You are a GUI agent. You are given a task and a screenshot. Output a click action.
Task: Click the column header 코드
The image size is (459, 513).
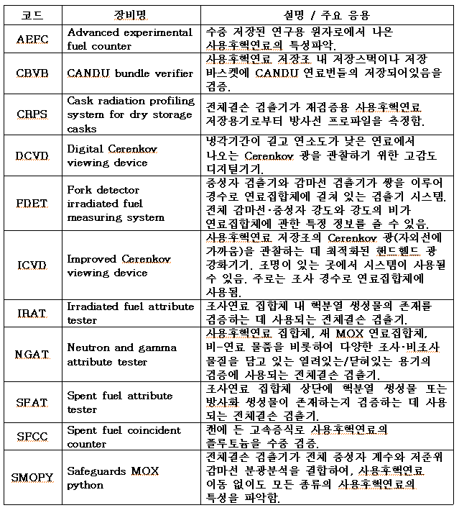point(32,14)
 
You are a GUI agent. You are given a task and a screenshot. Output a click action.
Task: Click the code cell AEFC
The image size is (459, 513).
point(32,40)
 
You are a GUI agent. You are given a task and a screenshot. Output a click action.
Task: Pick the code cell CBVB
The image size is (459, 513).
point(32,73)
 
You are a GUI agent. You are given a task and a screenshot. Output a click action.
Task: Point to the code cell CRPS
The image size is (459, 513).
point(32,114)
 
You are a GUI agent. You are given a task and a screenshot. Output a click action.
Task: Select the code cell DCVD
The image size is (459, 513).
point(32,155)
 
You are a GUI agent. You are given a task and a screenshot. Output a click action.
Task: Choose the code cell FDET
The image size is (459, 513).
point(32,204)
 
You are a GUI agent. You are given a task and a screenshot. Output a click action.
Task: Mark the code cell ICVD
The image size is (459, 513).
point(32,265)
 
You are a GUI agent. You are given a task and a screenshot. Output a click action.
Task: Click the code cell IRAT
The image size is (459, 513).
point(32,313)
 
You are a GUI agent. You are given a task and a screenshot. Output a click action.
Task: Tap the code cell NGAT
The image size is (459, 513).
point(32,355)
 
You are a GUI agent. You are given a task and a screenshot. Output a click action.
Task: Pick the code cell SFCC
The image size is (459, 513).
point(32,437)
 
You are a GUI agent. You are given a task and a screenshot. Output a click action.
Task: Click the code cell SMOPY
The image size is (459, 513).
point(32,478)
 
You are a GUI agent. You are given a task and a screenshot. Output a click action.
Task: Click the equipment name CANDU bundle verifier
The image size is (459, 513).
point(130,73)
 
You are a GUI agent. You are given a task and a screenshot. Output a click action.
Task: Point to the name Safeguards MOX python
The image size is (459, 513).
point(116,478)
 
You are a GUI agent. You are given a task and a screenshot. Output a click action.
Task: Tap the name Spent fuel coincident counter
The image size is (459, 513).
point(124,437)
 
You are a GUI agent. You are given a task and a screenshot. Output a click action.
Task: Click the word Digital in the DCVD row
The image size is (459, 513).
point(85,149)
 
